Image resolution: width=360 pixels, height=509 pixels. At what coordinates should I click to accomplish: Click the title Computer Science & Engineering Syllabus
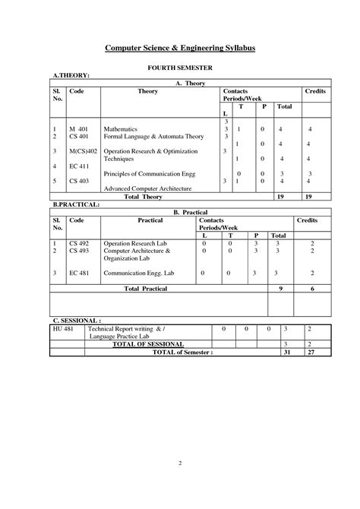[x=180, y=48]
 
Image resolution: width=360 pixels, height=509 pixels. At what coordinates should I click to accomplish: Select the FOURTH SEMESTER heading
[x=179, y=68]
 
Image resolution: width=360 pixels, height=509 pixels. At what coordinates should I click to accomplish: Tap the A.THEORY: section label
[x=71, y=76]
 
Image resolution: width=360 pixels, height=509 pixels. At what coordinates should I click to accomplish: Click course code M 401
[x=79, y=129]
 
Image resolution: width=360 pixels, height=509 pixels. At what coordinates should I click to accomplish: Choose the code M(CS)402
[x=84, y=152]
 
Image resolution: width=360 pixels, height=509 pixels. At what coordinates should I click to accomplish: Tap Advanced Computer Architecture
[x=149, y=188]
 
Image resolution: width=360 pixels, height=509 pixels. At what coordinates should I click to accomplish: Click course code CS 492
[x=79, y=243]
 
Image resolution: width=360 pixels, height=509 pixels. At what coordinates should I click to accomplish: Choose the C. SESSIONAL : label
[x=77, y=321]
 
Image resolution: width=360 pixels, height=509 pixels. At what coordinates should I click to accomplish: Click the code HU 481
[x=62, y=329]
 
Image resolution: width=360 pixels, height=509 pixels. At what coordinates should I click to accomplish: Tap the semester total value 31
[x=286, y=352]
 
